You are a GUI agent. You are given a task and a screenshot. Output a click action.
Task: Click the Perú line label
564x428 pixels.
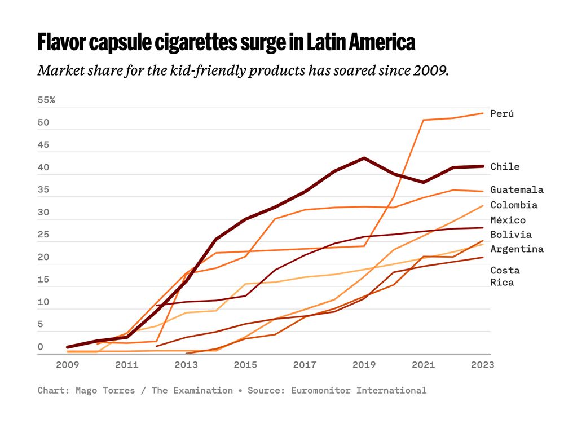click(x=502, y=113)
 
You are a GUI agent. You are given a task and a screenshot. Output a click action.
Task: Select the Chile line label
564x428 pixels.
click(x=505, y=166)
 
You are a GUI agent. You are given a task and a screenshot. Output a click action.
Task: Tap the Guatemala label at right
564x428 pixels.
click(x=517, y=189)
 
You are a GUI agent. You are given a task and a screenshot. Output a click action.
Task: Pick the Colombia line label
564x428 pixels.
click(x=514, y=205)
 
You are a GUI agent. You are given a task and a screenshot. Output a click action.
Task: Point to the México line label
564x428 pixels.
click(x=508, y=220)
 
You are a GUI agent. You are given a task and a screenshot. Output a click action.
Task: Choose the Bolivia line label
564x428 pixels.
click(x=511, y=235)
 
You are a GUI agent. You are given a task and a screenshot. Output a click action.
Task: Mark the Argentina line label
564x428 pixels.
click(x=517, y=249)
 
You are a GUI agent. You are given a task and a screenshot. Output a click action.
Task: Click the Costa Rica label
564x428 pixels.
click(x=505, y=276)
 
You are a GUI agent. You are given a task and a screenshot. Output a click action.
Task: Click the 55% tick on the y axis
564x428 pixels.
click(x=46, y=100)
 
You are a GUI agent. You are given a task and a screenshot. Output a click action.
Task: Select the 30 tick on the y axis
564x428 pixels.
click(x=43, y=213)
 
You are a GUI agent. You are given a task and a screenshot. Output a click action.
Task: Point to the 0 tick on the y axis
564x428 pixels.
click(x=41, y=347)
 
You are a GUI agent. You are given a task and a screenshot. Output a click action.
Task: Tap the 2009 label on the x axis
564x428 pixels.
click(x=68, y=365)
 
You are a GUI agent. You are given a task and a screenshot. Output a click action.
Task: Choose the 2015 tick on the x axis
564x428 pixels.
click(x=245, y=365)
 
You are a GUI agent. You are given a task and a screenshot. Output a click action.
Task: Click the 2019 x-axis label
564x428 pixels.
click(x=364, y=365)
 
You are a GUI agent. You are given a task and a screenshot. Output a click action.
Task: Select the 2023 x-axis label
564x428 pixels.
click(x=482, y=365)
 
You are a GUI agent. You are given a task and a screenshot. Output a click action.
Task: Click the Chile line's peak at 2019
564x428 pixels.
click(x=364, y=158)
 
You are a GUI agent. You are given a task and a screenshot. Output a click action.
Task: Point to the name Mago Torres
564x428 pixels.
click(x=105, y=390)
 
